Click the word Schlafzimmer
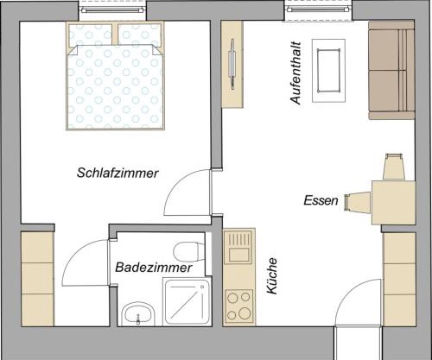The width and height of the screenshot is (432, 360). click(118, 173)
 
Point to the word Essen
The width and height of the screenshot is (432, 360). click(321, 200)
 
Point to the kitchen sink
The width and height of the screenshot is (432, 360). click(238, 247)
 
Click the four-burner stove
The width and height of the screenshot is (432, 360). click(238, 305)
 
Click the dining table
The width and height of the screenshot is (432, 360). click(389, 201)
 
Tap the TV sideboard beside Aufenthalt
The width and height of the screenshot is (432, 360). click(232, 63)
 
